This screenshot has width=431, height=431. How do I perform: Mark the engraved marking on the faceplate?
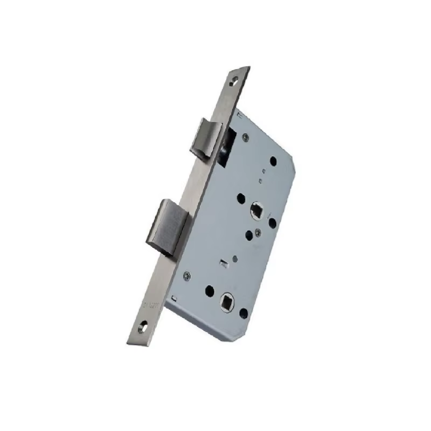click(146, 306)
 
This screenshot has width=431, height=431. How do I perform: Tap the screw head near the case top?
click(246, 137)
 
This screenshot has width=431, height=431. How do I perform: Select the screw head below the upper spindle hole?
click(260, 232)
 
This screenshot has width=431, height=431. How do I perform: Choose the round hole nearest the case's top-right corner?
click(274, 161)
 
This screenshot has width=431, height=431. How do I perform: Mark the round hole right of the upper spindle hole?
click(272, 221)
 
